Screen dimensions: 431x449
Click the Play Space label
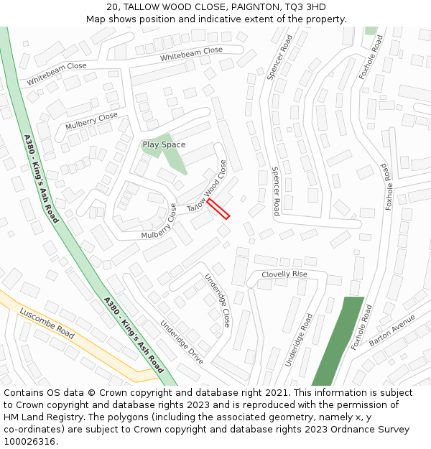coord(164,144)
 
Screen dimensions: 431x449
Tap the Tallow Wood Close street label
coord(212,186)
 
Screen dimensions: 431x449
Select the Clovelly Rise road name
coord(284,274)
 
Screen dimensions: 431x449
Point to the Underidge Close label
coord(218,300)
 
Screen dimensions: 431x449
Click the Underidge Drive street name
coord(182,341)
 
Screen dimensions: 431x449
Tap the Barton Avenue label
coord(392,330)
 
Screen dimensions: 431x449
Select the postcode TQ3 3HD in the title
coord(305,7)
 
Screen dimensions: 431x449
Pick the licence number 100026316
coord(31,442)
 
